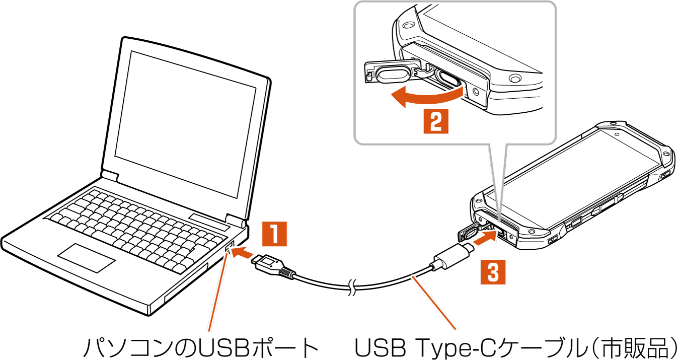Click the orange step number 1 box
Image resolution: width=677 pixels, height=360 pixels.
pos(274,234)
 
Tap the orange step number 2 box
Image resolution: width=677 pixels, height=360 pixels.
pos(435,121)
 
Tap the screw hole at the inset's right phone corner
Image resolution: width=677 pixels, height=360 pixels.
pos(514,79)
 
